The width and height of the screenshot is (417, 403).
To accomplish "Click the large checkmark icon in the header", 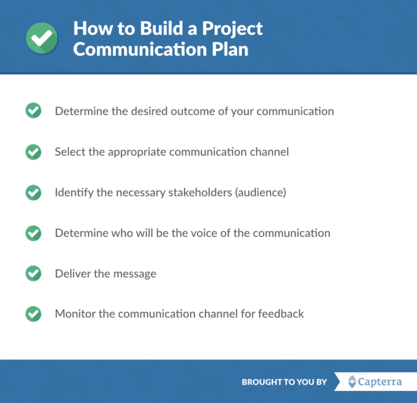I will click(x=42, y=38).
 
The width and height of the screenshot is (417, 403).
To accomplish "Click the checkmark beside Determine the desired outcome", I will click(x=33, y=111).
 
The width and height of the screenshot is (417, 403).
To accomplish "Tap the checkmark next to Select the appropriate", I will click(x=33, y=152).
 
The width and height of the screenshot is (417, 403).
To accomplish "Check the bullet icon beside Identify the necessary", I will click(x=33, y=192).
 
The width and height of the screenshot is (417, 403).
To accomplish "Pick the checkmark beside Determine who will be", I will click(x=33, y=233).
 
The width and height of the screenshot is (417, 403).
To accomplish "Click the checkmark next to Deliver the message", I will click(x=33, y=273).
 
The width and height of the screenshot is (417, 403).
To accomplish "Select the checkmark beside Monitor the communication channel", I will click(x=33, y=313).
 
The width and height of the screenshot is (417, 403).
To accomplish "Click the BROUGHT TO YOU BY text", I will click(x=284, y=382).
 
